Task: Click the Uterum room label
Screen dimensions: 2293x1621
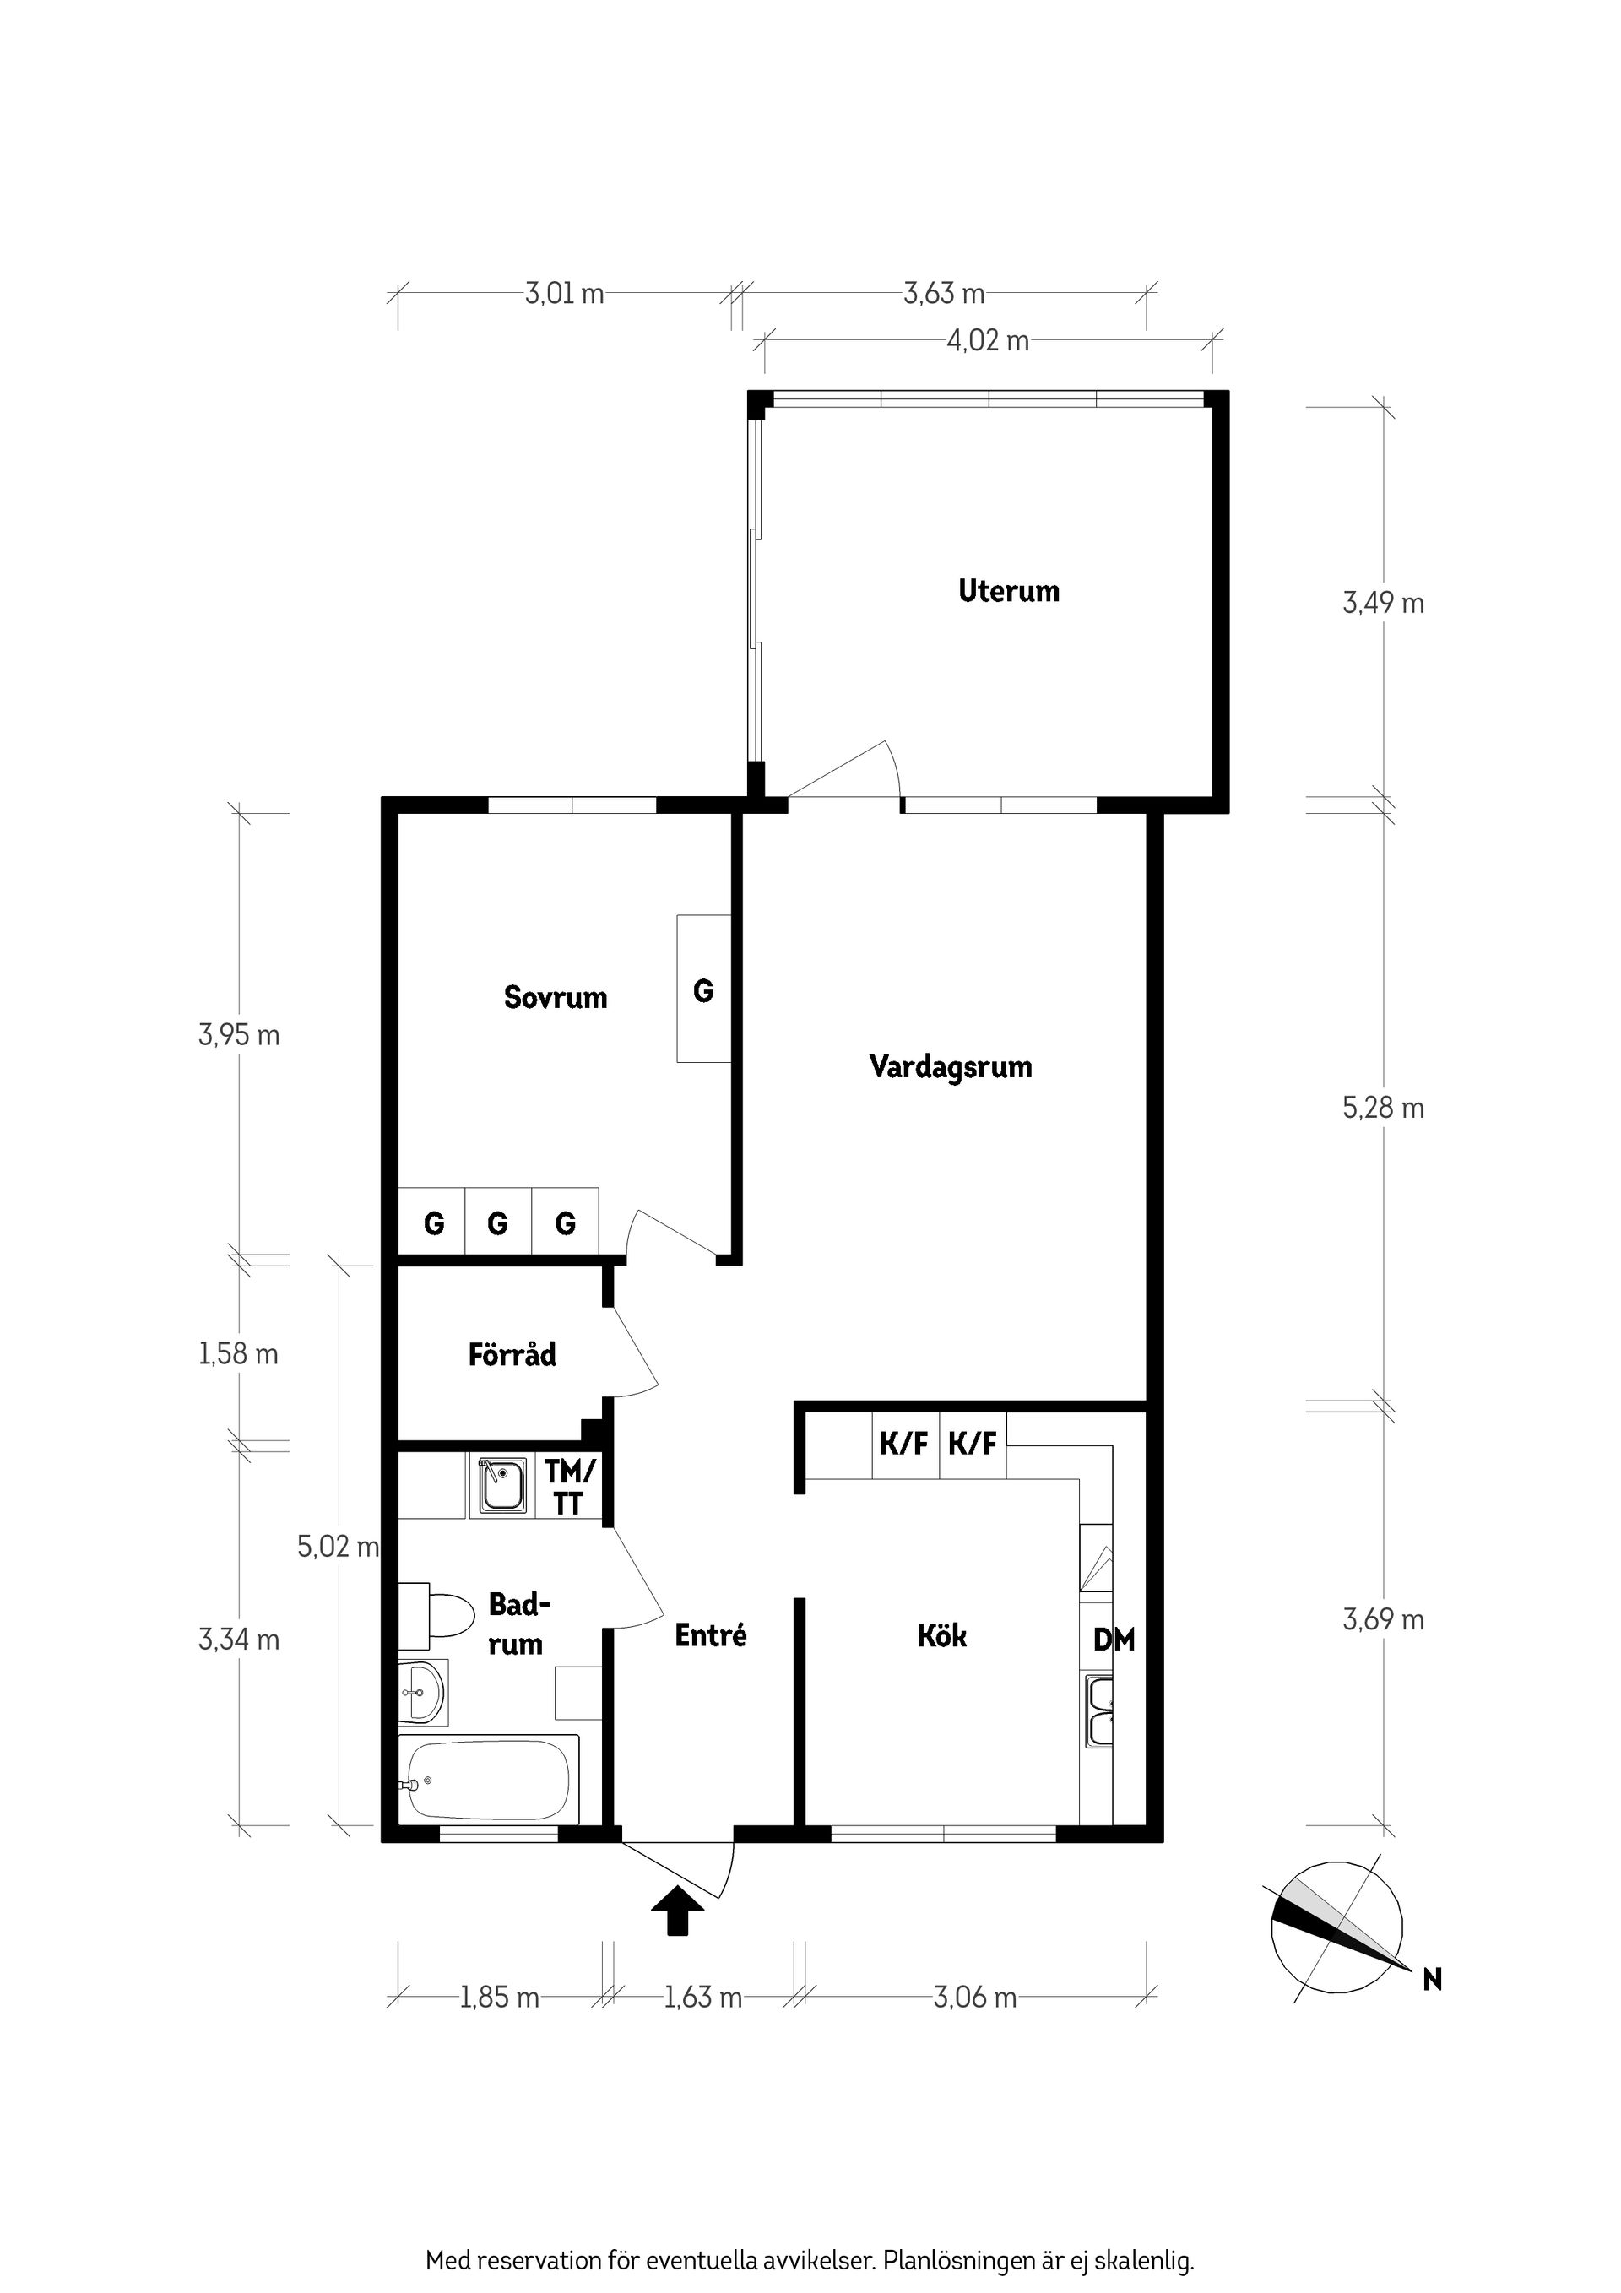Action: (1009, 590)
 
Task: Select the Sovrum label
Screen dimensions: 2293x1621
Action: (556, 997)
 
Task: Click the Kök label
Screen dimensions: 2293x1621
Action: (942, 1636)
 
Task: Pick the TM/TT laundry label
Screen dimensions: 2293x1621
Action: (569, 1486)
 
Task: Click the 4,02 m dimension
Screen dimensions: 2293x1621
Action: (988, 342)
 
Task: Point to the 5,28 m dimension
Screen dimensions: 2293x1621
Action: (1383, 1109)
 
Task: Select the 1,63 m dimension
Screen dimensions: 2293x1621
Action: (703, 1998)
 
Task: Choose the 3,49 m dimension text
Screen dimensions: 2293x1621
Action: (1383, 603)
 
